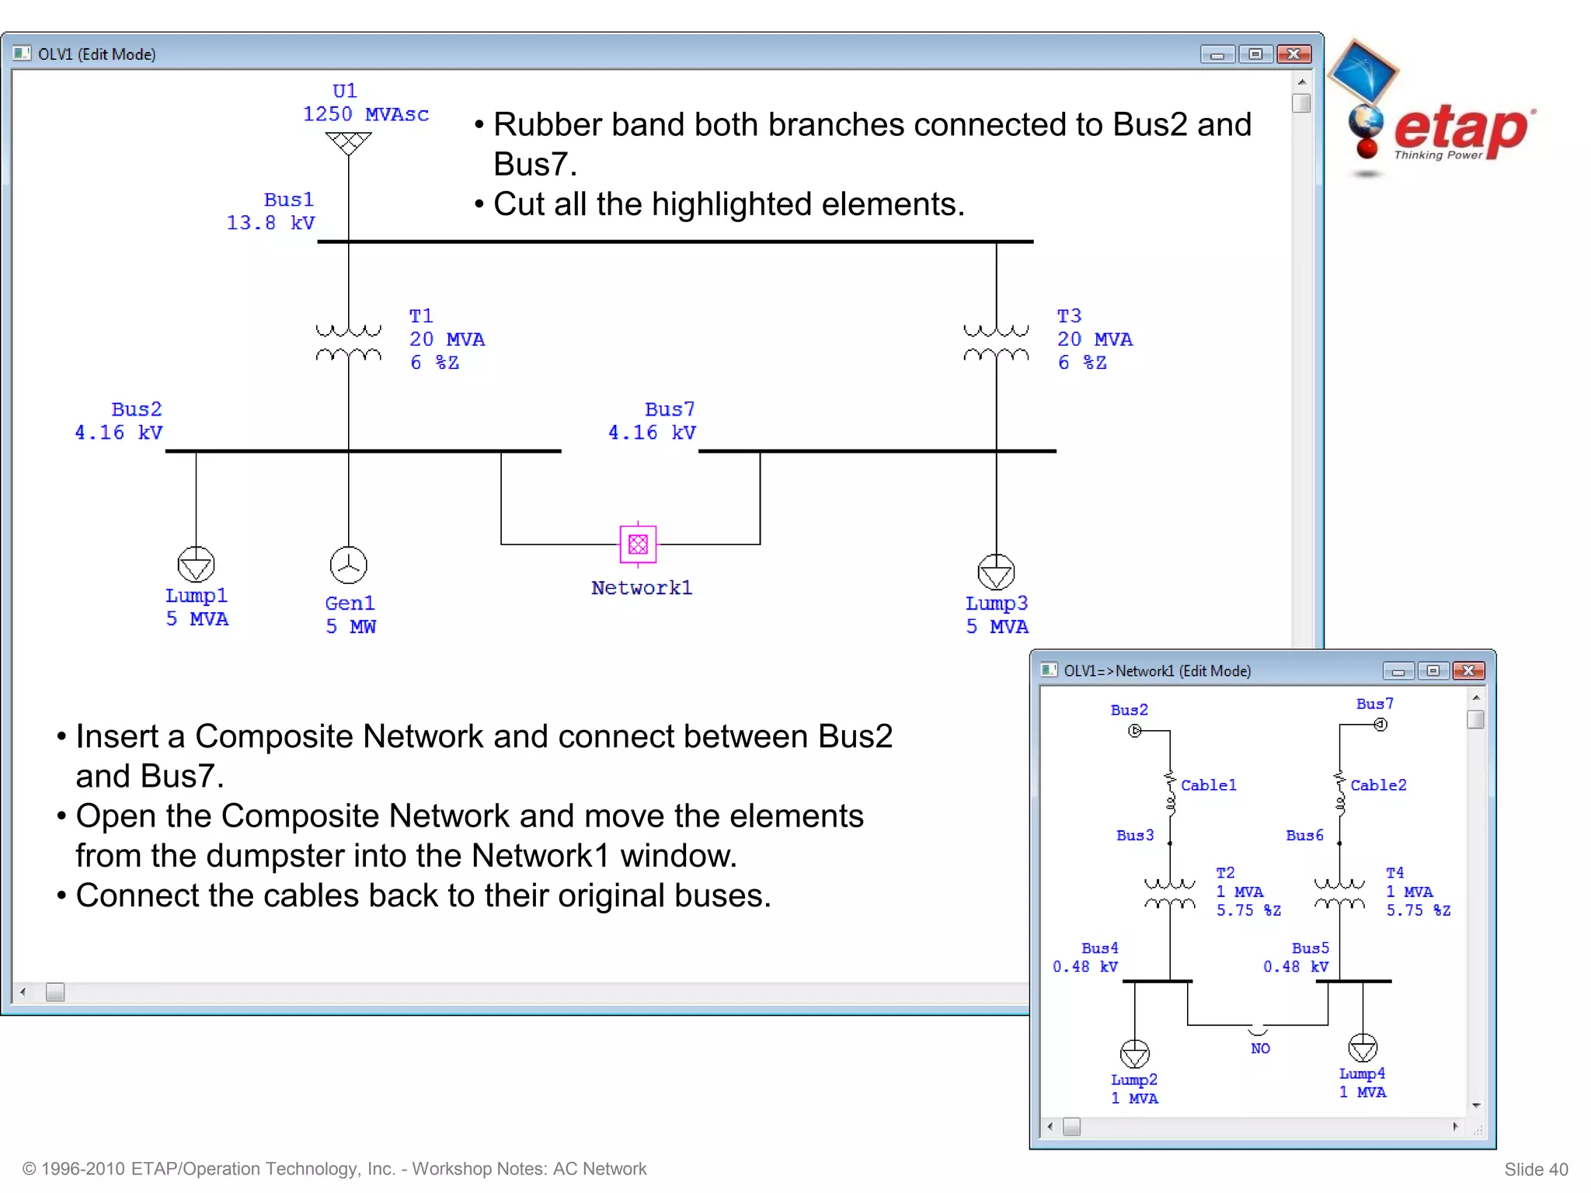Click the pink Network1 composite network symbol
(x=638, y=544)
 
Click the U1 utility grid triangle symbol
(x=348, y=143)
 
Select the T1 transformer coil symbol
(x=348, y=343)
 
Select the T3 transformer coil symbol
(x=996, y=343)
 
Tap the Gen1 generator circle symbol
(x=348, y=565)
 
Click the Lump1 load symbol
(x=196, y=565)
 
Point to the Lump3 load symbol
(x=996, y=572)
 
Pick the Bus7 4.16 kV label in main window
(x=653, y=421)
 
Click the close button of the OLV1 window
(x=1293, y=54)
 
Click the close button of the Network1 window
(x=1468, y=670)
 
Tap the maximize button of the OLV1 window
(x=1255, y=54)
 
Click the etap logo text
(x=1460, y=130)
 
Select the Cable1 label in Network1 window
(x=1208, y=785)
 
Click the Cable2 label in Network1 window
(x=1378, y=785)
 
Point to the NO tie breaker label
(x=1260, y=1049)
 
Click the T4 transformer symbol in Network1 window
(x=1339, y=894)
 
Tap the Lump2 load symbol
(x=1134, y=1054)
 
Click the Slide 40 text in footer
(x=1535, y=1169)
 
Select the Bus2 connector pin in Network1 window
(x=1134, y=731)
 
